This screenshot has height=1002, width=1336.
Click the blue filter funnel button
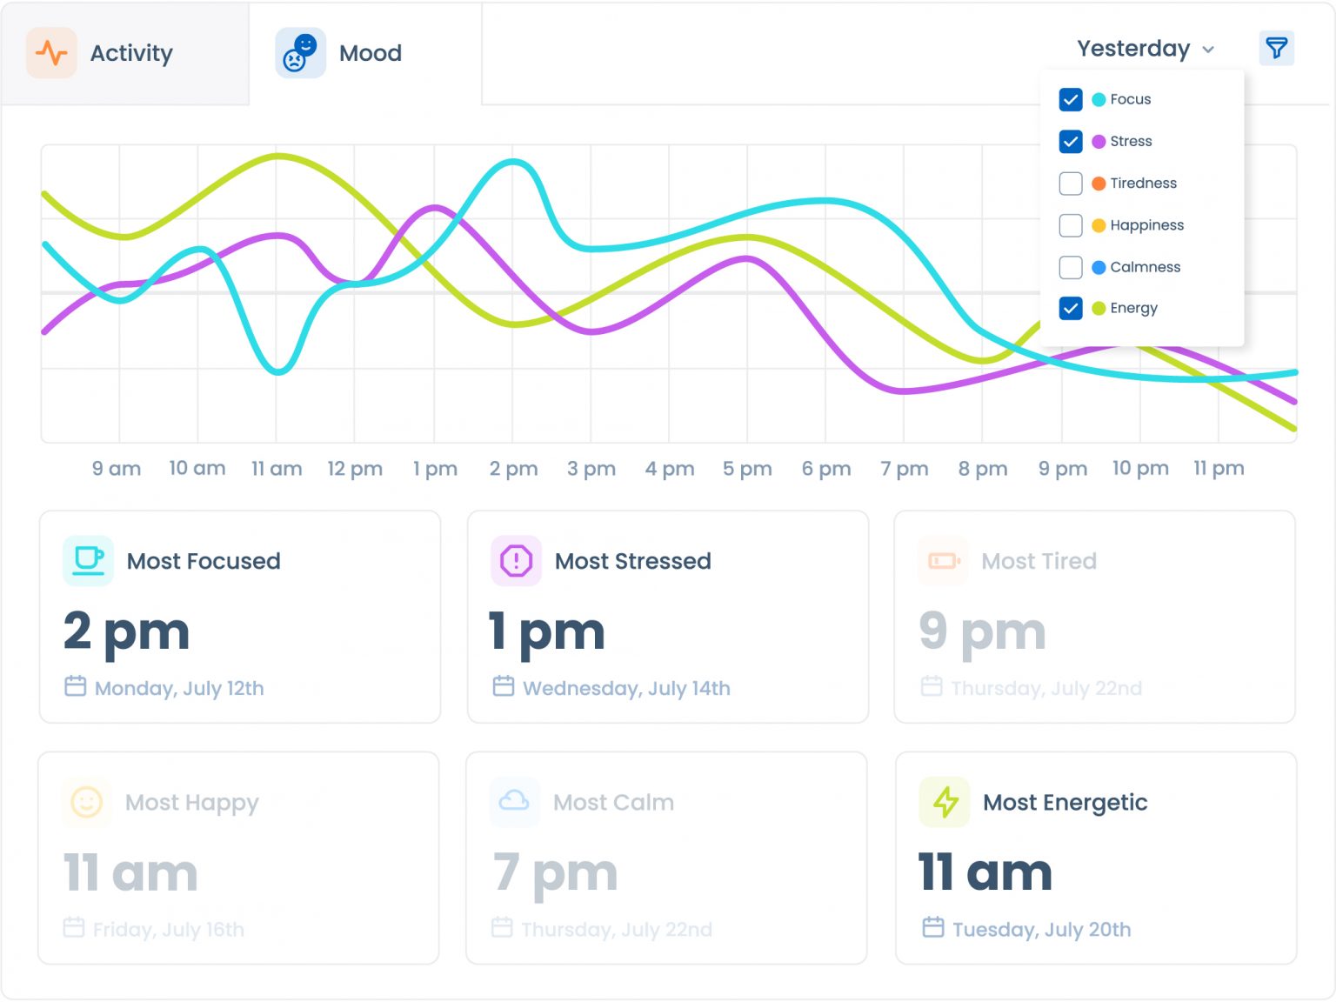tap(1276, 48)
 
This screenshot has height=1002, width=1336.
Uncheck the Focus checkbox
tap(1071, 99)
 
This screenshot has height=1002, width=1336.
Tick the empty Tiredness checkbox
tap(1071, 184)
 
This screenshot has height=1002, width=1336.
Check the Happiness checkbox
tap(1071, 225)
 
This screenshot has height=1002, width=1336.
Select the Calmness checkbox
tap(1071, 267)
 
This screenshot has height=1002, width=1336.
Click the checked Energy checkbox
tap(1071, 308)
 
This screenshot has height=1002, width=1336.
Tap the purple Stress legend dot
tap(1099, 142)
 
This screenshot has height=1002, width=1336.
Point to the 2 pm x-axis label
tap(513, 469)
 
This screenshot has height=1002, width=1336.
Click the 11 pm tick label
tap(1219, 469)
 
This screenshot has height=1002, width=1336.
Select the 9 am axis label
tap(117, 469)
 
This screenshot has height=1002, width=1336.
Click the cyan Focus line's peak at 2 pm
tap(514, 161)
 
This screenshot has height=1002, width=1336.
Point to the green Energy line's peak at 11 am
tap(277, 157)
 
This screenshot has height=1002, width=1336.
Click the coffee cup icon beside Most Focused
tap(88, 560)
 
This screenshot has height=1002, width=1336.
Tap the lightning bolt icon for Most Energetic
tap(945, 801)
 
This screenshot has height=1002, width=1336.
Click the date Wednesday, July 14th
tap(626, 688)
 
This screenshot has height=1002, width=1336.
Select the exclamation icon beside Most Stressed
tap(516, 560)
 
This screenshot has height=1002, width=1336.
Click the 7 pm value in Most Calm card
tap(555, 873)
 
